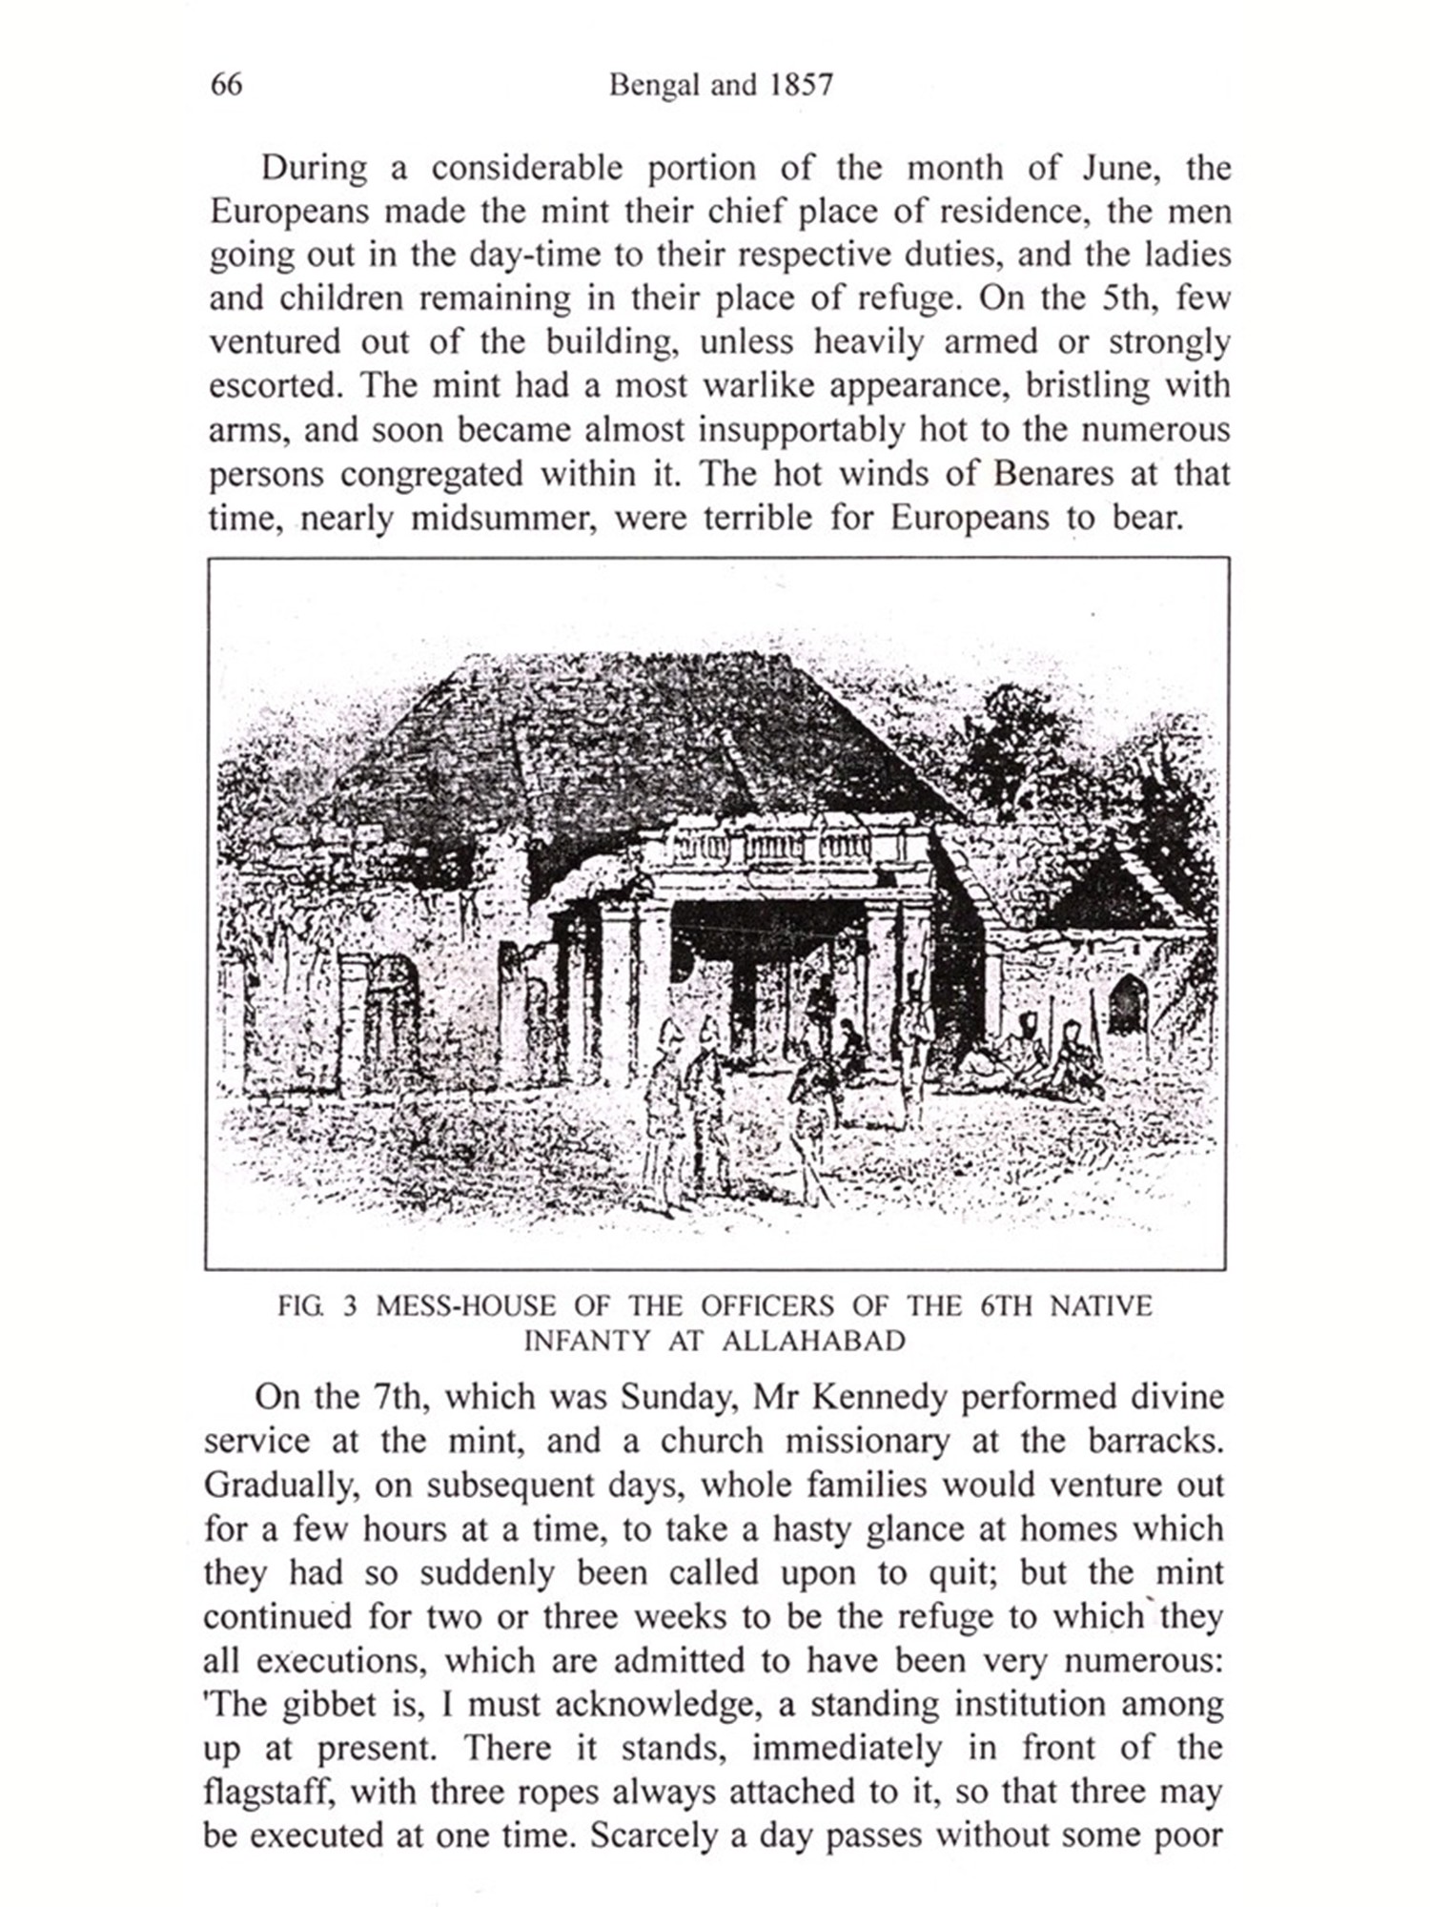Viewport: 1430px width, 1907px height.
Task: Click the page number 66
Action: [x=226, y=85]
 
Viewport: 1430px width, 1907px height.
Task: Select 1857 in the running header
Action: [x=802, y=85]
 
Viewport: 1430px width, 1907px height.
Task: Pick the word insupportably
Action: [x=801, y=430]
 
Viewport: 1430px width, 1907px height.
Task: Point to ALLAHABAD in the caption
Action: [x=813, y=1341]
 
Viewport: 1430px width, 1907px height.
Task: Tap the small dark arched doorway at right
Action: [x=1128, y=1004]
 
